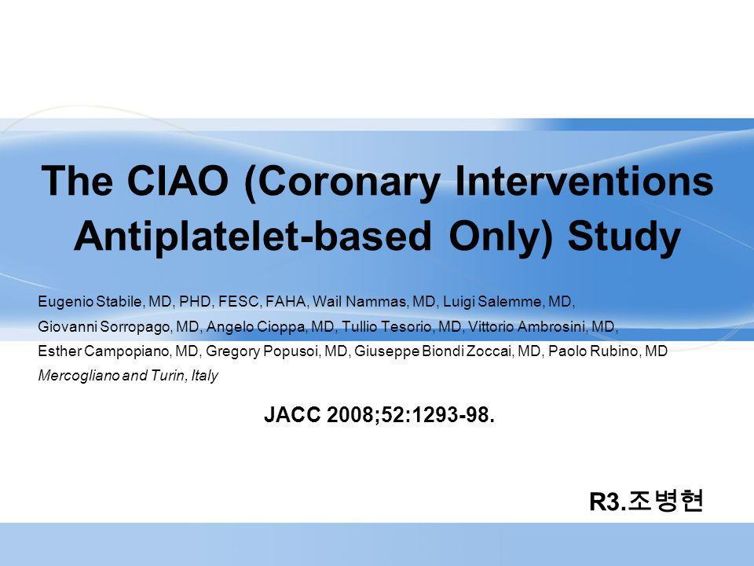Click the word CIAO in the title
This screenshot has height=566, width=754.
click(x=178, y=181)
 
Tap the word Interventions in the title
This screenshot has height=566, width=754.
click(x=584, y=181)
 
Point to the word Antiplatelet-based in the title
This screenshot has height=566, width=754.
click(x=252, y=236)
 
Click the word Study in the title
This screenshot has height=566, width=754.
click(x=624, y=237)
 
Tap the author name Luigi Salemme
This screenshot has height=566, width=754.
click(x=492, y=302)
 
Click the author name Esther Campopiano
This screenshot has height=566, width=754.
click(x=103, y=351)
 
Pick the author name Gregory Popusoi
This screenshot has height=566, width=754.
click(x=262, y=351)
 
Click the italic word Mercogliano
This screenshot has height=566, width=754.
click(x=79, y=376)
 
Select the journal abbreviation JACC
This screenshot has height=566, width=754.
click(x=292, y=414)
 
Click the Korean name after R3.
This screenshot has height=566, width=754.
click(x=665, y=501)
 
